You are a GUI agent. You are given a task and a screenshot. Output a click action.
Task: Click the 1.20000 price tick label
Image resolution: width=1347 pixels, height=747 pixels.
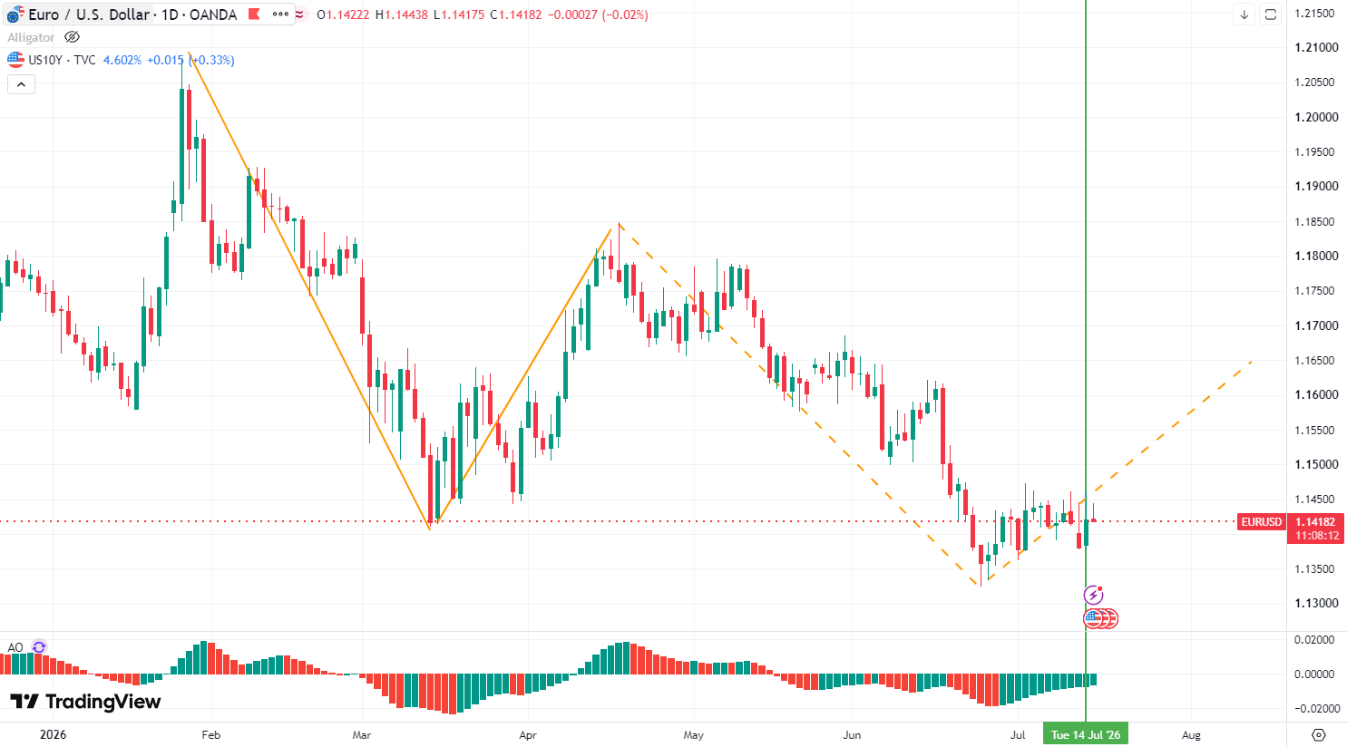1316,117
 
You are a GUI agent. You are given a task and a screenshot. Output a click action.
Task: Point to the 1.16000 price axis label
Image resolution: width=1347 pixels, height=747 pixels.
1316,395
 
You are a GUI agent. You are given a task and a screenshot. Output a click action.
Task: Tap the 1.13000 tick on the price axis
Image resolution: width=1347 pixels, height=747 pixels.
1316,604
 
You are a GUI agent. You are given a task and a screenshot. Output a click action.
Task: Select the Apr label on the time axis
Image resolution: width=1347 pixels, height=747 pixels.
527,734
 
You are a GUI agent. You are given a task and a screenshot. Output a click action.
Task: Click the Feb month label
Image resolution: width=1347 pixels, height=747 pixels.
211,734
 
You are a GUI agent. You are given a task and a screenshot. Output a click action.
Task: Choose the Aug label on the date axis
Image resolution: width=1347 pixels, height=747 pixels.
1191,734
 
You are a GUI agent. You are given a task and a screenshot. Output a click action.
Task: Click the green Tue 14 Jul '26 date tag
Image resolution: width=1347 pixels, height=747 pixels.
1086,734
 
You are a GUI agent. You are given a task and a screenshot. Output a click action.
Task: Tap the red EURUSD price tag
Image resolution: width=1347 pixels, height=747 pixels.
1261,521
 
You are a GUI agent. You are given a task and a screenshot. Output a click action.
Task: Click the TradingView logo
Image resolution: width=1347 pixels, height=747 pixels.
85,702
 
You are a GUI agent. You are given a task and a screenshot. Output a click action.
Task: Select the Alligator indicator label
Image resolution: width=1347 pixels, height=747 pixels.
31,37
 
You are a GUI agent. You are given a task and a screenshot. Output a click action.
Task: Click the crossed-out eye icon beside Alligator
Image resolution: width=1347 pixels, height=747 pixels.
72,37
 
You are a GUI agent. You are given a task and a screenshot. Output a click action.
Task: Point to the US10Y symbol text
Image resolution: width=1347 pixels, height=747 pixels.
45,60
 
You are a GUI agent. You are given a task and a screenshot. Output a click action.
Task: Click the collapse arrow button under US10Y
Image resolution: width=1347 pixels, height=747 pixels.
21,84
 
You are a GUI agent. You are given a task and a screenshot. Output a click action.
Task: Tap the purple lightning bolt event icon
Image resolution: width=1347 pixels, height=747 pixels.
1093,595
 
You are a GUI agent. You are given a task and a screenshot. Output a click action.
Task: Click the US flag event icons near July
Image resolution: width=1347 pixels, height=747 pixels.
1100,618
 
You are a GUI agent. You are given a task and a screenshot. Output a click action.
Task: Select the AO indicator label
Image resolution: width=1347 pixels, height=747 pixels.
15,647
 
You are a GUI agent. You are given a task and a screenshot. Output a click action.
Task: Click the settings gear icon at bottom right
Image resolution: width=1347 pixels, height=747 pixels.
1318,734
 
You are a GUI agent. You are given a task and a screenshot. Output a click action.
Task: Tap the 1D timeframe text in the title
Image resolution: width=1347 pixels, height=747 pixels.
171,15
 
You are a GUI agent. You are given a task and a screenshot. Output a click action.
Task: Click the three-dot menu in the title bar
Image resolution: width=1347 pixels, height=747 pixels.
280,15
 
